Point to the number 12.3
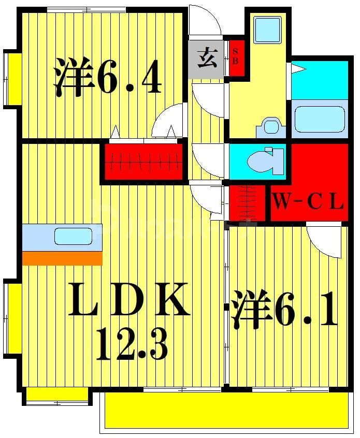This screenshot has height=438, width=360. [x=132, y=346]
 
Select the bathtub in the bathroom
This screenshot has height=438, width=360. [x=319, y=119]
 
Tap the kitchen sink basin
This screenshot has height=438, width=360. [x=73, y=236]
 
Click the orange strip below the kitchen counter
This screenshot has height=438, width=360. [x=62, y=258]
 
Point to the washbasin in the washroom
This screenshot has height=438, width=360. [x=270, y=126]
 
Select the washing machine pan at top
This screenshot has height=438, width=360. [x=268, y=30]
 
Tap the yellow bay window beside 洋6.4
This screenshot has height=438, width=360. [x=12, y=79]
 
